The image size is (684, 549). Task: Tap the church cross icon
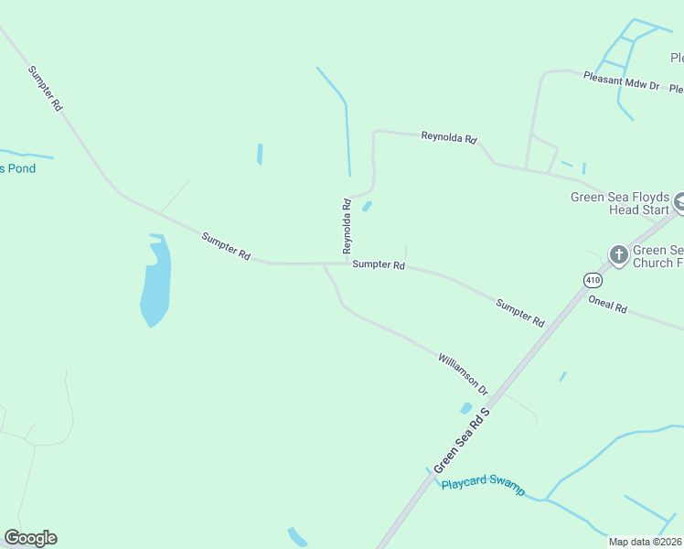click(x=619, y=255)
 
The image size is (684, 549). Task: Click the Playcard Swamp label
click(x=484, y=485)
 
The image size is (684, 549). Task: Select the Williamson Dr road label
click(x=463, y=375)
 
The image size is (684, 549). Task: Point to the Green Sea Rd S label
click(x=463, y=440)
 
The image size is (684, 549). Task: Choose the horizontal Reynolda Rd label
click(x=449, y=138)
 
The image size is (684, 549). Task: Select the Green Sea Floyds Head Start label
click(x=620, y=203)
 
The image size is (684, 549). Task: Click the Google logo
click(x=30, y=538)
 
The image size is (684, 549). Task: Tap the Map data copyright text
click(x=646, y=542)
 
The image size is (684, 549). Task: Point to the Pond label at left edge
click(x=17, y=168)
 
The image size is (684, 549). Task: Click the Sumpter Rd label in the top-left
click(x=45, y=89)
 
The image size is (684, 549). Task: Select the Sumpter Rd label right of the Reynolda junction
click(x=378, y=265)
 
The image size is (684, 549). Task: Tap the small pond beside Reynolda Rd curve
click(x=367, y=206)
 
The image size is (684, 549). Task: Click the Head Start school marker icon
click(x=679, y=202)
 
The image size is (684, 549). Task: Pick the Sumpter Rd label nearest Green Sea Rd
click(x=519, y=313)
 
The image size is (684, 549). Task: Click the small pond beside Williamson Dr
click(x=466, y=408)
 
